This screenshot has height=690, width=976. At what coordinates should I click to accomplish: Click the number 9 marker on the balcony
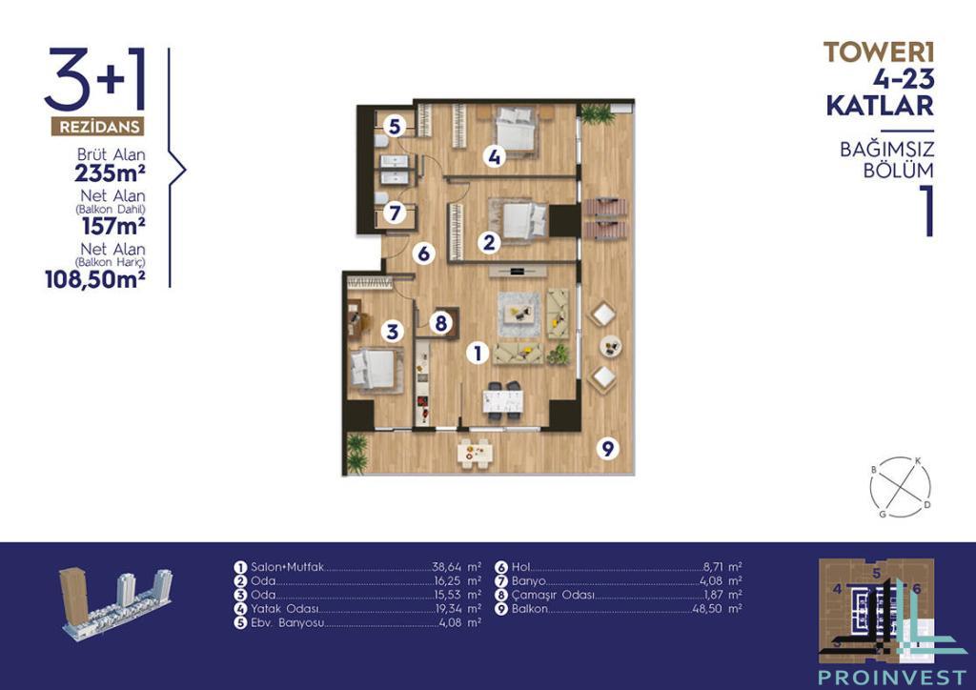608,448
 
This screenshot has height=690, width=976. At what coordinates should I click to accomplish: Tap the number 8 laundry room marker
440,323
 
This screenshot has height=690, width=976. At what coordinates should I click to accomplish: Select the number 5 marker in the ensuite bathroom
394,127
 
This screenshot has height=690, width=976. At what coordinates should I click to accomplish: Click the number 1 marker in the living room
478,354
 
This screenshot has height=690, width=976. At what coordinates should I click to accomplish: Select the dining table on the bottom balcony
477,452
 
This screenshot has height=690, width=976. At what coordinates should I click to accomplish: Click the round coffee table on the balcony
610,346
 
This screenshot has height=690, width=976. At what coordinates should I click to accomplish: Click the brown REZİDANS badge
98,127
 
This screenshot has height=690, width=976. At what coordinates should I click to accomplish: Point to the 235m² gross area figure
111,172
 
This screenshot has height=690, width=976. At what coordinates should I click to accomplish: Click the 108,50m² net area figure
95,279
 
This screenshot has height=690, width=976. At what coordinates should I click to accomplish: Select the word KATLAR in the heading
880,106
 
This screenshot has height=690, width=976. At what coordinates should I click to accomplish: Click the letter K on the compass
917,461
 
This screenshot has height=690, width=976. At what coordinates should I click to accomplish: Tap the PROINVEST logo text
892,677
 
